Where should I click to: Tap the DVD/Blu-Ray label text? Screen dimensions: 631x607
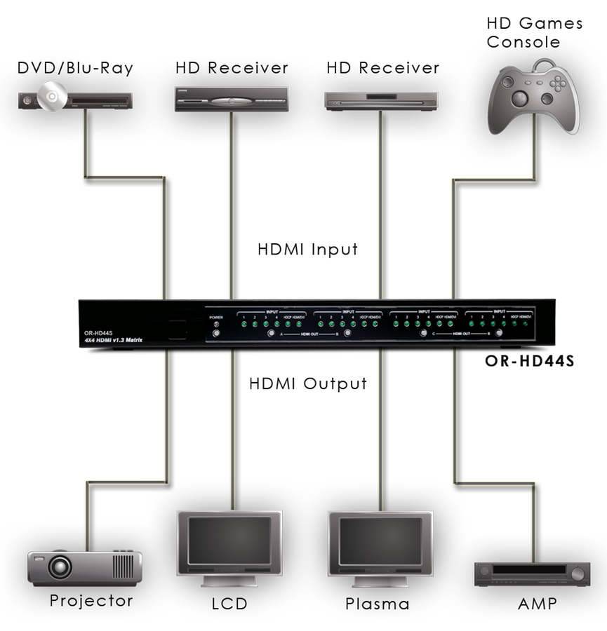click(75, 68)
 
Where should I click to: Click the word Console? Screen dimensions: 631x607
click(523, 42)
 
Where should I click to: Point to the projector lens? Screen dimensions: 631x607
click(60, 564)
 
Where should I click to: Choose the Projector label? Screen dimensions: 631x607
click(91, 601)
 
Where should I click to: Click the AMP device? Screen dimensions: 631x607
click(531, 574)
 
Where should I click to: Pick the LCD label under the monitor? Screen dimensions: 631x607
click(229, 603)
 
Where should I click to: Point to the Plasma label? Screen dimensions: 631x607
click(377, 603)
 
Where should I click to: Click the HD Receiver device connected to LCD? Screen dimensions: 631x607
click(232, 100)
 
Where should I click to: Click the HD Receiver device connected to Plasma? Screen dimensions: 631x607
click(381, 100)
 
